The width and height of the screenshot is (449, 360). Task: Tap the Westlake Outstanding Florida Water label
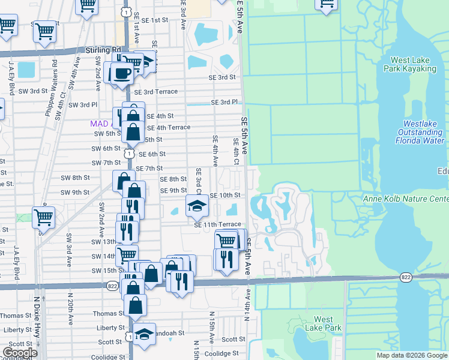[420, 133]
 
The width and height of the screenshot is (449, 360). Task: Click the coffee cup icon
[122, 73]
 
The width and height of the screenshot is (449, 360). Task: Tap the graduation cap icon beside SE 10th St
[196, 206]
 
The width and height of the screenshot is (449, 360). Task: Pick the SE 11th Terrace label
[217, 224]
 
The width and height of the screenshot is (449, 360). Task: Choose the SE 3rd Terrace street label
[155, 92]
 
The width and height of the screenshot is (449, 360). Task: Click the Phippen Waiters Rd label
[55, 80]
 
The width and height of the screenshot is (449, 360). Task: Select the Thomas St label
[16, 316]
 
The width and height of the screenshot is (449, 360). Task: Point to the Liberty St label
[17, 329]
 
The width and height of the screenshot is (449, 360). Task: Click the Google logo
[19, 353]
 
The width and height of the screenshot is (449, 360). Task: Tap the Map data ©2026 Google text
[411, 355]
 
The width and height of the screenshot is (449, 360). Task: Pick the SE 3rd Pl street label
[225, 103]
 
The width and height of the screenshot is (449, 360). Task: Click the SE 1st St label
[151, 20]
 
